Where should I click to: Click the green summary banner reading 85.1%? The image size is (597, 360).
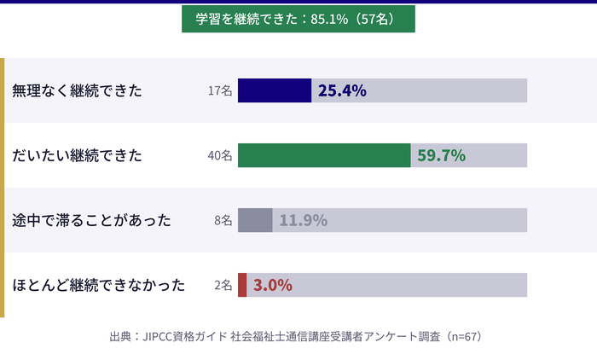[298, 19]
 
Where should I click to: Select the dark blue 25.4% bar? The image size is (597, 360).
[275, 90]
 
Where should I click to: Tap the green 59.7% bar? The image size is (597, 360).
[324, 155]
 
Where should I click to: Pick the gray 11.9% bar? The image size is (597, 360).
[255, 220]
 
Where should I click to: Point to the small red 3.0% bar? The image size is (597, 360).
[242, 285]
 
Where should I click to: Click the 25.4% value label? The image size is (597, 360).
[342, 90]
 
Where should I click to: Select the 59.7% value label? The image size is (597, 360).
[441, 155]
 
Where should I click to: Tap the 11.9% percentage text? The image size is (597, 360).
[304, 220]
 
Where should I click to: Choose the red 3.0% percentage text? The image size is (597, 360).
[273, 285]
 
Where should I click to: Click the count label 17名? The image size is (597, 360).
[220, 90]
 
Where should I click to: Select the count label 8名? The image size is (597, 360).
[223, 220]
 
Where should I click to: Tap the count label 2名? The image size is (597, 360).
[223, 285]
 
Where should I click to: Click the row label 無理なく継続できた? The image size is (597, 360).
[77, 90]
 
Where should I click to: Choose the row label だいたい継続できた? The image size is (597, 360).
[77, 155]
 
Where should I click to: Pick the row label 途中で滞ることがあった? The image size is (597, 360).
[92, 220]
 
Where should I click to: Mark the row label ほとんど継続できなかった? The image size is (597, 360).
[99, 285]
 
